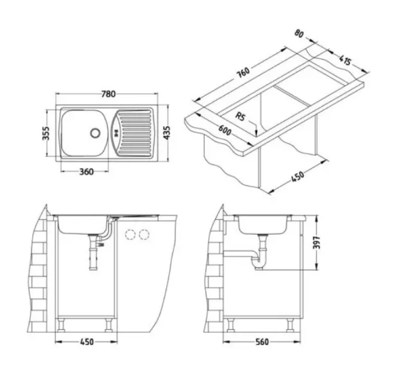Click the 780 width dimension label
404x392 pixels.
coord(108,94)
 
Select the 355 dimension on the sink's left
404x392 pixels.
coord(46,133)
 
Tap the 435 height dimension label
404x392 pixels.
coord(167,133)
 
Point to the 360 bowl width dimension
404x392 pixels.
coord(86,172)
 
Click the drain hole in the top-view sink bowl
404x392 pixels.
coord(95,133)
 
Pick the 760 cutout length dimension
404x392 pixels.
coord(243,73)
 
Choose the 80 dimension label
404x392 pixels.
coord(299,33)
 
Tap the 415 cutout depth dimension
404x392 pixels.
coord(345,60)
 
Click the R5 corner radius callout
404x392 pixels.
coord(240,116)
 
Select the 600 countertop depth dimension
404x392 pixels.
coord(224,131)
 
